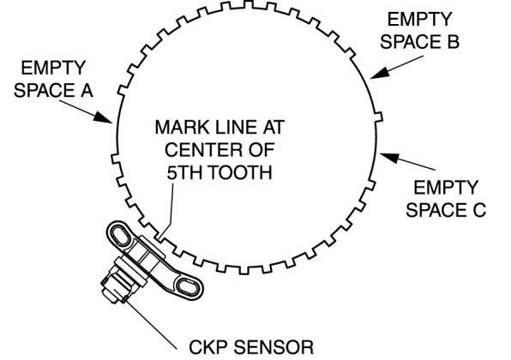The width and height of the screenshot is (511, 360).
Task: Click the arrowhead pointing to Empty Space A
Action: click(x=104, y=117)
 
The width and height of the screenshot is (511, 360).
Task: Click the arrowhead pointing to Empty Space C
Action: click(x=388, y=157)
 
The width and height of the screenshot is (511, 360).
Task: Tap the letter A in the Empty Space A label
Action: click(x=87, y=90)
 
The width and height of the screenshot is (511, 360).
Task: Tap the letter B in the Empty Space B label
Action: click(x=453, y=42)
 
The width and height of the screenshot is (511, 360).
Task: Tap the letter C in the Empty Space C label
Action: click(x=479, y=210)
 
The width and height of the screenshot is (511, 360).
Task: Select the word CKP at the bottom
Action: click(x=208, y=347)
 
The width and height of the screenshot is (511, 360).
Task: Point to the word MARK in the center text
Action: click(x=178, y=127)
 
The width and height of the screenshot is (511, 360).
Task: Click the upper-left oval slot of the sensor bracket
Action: click(x=120, y=235)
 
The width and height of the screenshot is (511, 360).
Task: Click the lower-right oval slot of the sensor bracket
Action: click(x=187, y=286)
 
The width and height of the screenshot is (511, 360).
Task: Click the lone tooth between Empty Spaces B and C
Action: click(x=378, y=117)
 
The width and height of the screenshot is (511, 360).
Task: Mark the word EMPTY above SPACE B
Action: click(x=420, y=20)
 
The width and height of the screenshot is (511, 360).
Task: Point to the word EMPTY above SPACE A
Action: click(x=53, y=68)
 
